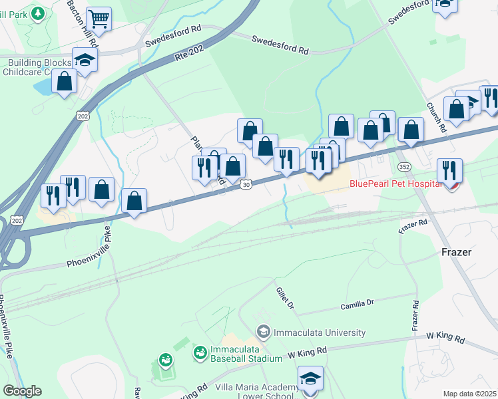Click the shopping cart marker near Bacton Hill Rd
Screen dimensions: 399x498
(99, 19)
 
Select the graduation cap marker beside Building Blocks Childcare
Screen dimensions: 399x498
(85, 61)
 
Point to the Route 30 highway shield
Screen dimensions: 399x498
(246, 184)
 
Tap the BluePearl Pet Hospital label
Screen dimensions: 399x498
(395, 184)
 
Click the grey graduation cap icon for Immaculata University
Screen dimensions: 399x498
(264, 331)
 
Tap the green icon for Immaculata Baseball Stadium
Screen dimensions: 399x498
(200, 352)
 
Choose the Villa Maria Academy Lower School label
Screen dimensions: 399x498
(256, 392)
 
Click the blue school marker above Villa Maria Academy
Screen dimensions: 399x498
(310, 378)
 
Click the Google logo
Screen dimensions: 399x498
(22, 391)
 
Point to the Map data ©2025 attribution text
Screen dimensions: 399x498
(469, 394)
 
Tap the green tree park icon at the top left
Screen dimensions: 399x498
(39, 13)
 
